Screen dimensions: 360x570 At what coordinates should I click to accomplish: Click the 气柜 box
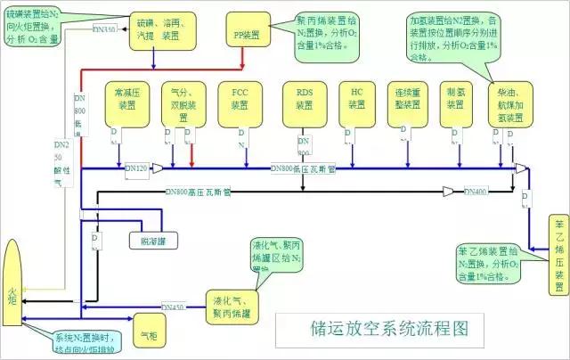[147, 336]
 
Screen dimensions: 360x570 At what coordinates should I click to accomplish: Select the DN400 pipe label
[476, 191]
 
